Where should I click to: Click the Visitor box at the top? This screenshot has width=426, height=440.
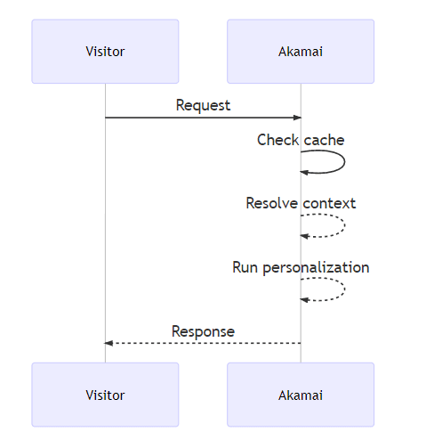point(105,52)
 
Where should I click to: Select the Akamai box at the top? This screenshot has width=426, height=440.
point(301,52)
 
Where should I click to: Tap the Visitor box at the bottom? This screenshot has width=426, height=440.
point(105,394)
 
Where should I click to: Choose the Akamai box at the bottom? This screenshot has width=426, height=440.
point(301,394)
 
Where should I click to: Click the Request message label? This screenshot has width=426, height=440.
point(203,105)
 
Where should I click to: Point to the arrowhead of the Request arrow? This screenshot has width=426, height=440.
point(296,118)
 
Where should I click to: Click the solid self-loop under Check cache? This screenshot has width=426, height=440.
point(342,162)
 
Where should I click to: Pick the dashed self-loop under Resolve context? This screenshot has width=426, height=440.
point(342,225)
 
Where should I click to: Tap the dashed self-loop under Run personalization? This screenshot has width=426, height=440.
point(342,289)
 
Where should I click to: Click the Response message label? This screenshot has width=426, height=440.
point(203,331)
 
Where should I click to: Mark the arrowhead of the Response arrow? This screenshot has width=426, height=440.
point(109,343)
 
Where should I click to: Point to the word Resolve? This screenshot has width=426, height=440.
point(272,203)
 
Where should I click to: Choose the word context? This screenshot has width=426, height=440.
point(329,203)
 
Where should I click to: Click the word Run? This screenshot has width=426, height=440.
point(245,267)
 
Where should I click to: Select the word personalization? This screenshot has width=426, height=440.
point(316,267)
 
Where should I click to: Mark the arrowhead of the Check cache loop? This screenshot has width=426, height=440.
point(305,172)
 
